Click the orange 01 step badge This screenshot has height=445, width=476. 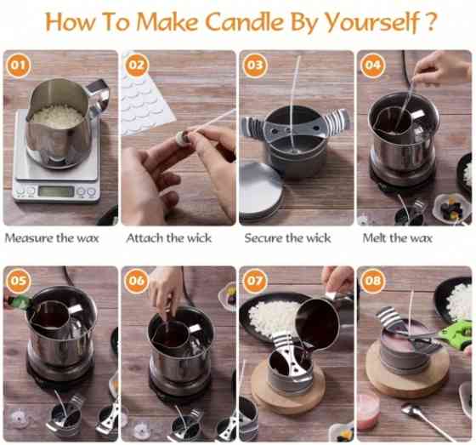(x=19, y=64)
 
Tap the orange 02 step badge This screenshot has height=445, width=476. (x=137, y=64)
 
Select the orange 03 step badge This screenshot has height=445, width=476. (x=254, y=64)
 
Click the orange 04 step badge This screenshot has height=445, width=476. (x=372, y=64)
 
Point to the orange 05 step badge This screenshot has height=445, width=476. (x=19, y=280)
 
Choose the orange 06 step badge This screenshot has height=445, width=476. (x=137, y=280)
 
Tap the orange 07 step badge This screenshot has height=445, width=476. (x=254, y=280)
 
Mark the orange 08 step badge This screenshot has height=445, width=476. (x=372, y=280)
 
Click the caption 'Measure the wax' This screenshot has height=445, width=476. (x=52, y=238)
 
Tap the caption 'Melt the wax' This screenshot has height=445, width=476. (x=398, y=238)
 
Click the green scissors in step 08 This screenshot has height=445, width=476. (x=450, y=336)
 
